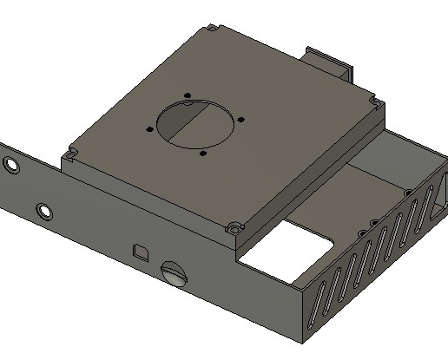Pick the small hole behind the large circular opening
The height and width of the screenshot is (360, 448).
pos(187,95)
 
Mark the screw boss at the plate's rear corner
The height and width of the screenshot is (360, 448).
pos(211,30)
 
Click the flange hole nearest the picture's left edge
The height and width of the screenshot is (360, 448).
pos(10,163)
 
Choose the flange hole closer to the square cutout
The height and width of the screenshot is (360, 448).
pos(43,211)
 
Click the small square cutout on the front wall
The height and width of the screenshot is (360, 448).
pos(140,252)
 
